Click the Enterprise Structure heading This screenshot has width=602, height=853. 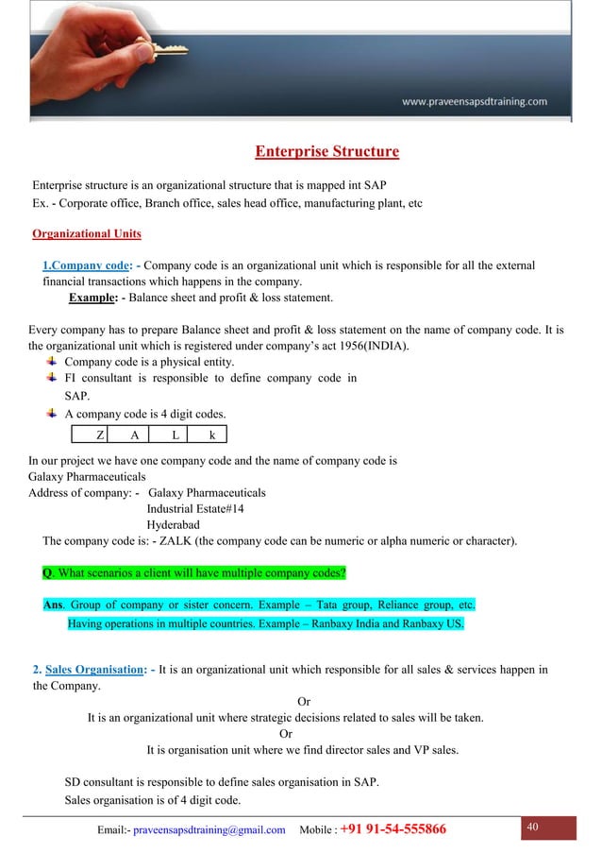[326, 151]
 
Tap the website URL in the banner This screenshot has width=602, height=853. [475, 101]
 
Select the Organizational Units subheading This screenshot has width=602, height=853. [87, 233]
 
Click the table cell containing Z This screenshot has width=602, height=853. [100, 435]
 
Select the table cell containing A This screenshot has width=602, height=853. [135, 435]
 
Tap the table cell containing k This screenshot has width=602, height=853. [211, 435]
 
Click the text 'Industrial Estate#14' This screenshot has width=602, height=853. [195, 508]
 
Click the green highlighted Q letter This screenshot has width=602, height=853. [47, 573]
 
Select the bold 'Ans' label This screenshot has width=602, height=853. [54, 605]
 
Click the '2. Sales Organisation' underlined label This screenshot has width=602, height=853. [86, 670]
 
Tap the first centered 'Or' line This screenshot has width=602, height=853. [304, 702]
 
